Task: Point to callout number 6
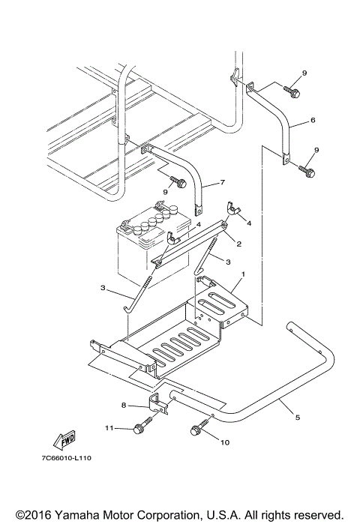[x=313, y=120]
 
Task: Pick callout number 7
[x=223, y=182]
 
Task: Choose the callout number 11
[x=109, y=428]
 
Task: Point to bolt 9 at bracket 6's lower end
[x=307, y=171]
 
